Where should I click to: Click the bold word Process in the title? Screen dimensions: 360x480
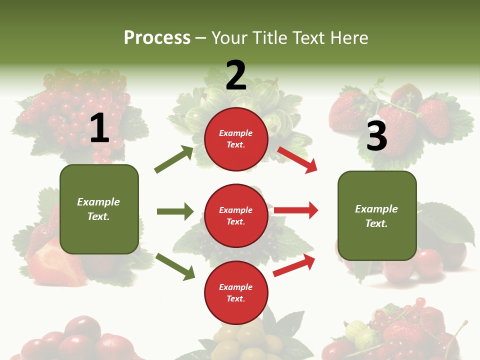pos(157,38)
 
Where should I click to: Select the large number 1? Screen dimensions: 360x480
pos(99,128)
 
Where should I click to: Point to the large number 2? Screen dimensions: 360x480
pos(236,75)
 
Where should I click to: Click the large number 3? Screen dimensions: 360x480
pos(376,136)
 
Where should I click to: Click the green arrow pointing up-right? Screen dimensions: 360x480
pos(174,159)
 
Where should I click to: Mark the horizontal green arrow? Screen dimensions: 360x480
pos(175,211)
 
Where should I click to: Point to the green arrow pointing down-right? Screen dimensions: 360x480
pos(175,266)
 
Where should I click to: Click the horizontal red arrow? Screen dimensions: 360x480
pos(296,210)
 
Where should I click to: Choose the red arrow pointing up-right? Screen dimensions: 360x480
pos(294,265)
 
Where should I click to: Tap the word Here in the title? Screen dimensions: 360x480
pos(348,38)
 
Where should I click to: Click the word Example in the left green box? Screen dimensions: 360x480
pos(98,202)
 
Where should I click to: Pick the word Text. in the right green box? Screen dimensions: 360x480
pos(376,223)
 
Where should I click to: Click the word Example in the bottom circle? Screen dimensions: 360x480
pos(236,287)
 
